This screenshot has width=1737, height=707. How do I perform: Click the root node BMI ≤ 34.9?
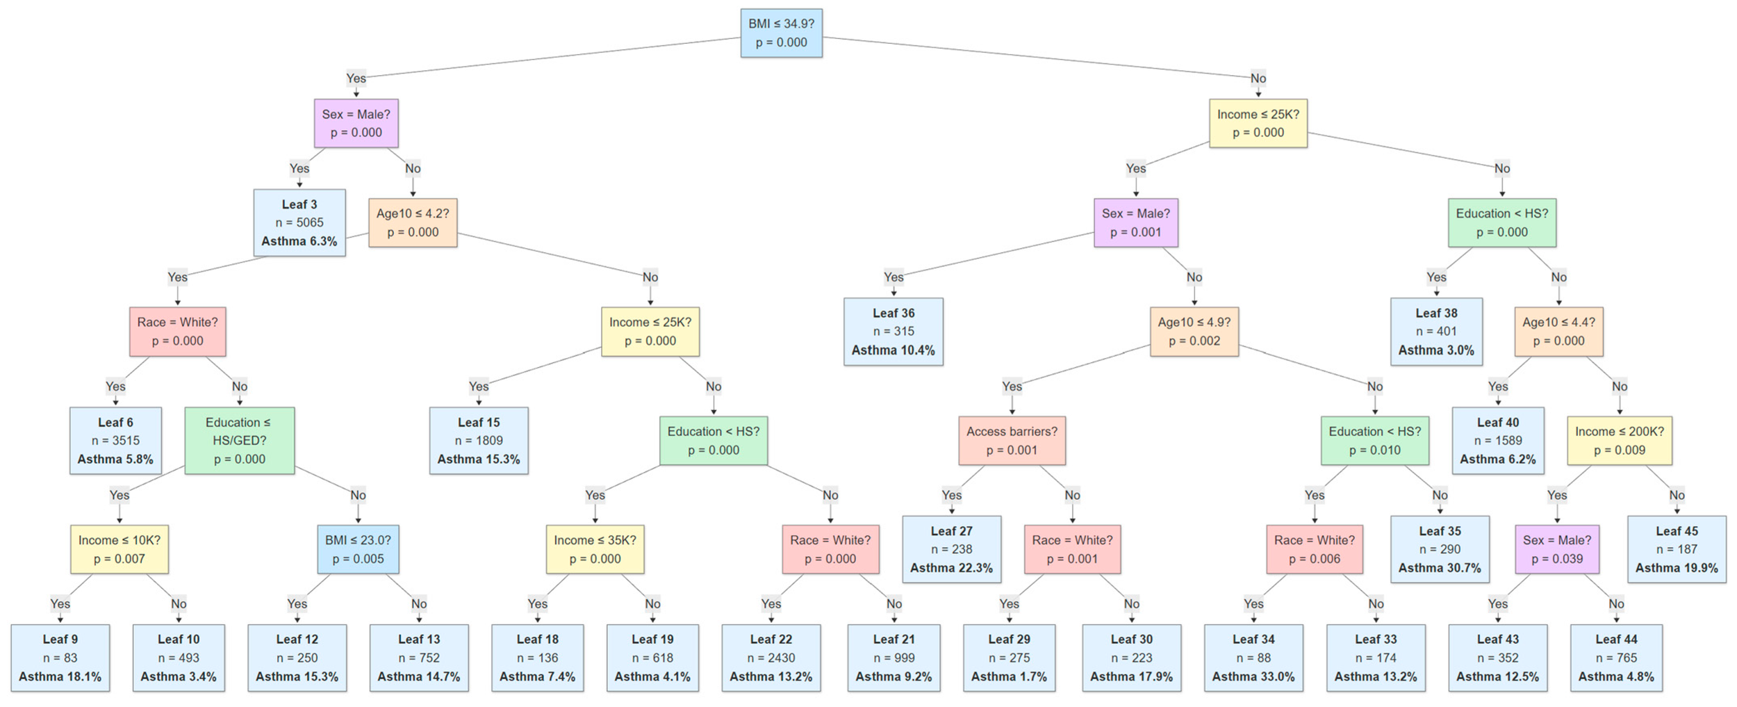(781, 33)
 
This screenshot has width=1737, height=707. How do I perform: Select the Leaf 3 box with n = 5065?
(299, 222)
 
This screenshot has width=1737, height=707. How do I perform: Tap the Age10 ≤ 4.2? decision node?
(413, 222)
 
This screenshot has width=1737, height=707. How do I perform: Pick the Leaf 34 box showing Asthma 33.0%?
(1253, 658)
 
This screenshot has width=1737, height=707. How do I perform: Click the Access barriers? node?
(1012, 440)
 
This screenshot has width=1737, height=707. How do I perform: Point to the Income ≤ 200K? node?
(1619, 440)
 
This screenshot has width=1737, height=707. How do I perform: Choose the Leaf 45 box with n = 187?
(1676, 548)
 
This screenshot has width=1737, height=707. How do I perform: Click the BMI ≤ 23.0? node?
(358, 548)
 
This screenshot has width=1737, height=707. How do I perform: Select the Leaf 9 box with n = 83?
(60, 658)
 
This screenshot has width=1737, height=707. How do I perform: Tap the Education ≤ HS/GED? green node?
(239, 440)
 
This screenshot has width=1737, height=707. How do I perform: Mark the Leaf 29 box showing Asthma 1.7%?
(1009, 658)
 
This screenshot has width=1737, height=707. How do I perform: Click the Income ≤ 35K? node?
(595, 548)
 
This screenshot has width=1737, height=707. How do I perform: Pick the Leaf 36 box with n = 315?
(893, 331)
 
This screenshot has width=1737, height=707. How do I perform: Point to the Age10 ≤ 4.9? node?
(1194, 331)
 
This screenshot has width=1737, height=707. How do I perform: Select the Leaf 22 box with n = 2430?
(771, 658)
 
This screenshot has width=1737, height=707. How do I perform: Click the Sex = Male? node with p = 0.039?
(1556, 548)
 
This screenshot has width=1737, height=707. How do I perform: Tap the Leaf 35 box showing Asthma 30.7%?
(1440, 548)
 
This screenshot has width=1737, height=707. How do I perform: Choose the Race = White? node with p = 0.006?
(1314, 548)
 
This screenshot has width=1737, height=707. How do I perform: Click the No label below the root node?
(1258, 78)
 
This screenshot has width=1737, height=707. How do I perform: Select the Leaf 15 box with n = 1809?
(478, 440)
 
